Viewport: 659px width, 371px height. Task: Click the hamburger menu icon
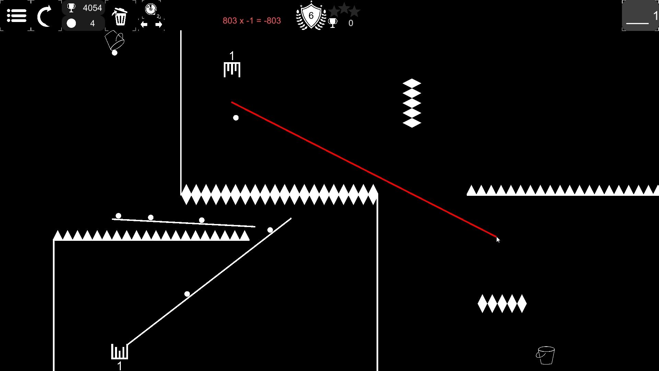tap(16, 16)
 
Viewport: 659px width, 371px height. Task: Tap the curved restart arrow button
tap(45, 16)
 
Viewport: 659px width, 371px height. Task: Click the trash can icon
tap(120, 16)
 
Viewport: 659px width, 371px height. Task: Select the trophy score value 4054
tap(92, 8)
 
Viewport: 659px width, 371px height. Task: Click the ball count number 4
tap(92, 23)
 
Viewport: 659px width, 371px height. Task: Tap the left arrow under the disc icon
tap(144, 24)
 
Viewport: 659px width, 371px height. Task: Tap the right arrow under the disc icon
tap(159, 24)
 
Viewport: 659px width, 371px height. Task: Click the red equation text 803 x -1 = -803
tap(252, 21)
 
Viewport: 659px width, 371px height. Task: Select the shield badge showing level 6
tap(311, 16)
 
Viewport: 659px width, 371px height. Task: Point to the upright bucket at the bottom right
tap(545, 355)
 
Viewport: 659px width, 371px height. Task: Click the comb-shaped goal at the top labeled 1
tap(232, 69)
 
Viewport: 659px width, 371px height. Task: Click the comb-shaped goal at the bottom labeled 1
tap(119, 351)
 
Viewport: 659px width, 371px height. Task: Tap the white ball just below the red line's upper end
tap(236, 118)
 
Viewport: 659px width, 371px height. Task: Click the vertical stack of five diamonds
tap(412, 103)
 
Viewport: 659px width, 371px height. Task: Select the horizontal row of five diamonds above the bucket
tap(502, 304)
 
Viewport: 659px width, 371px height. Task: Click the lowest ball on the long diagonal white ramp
tap(187, 294)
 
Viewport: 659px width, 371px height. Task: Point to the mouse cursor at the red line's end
tap(498, 240)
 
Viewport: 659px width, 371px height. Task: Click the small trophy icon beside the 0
tap(333, 23)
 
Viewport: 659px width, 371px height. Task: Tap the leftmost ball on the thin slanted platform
tap(118, 216)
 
